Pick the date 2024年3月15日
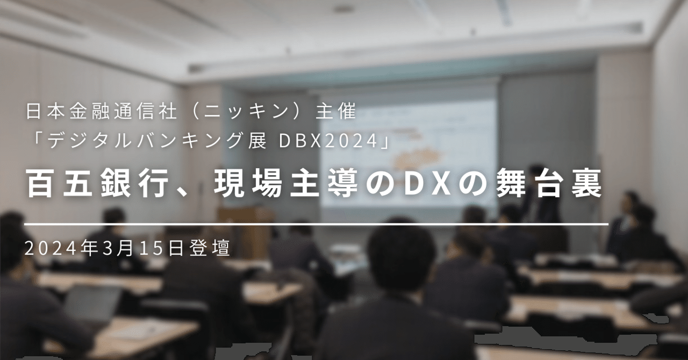point(104,248)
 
